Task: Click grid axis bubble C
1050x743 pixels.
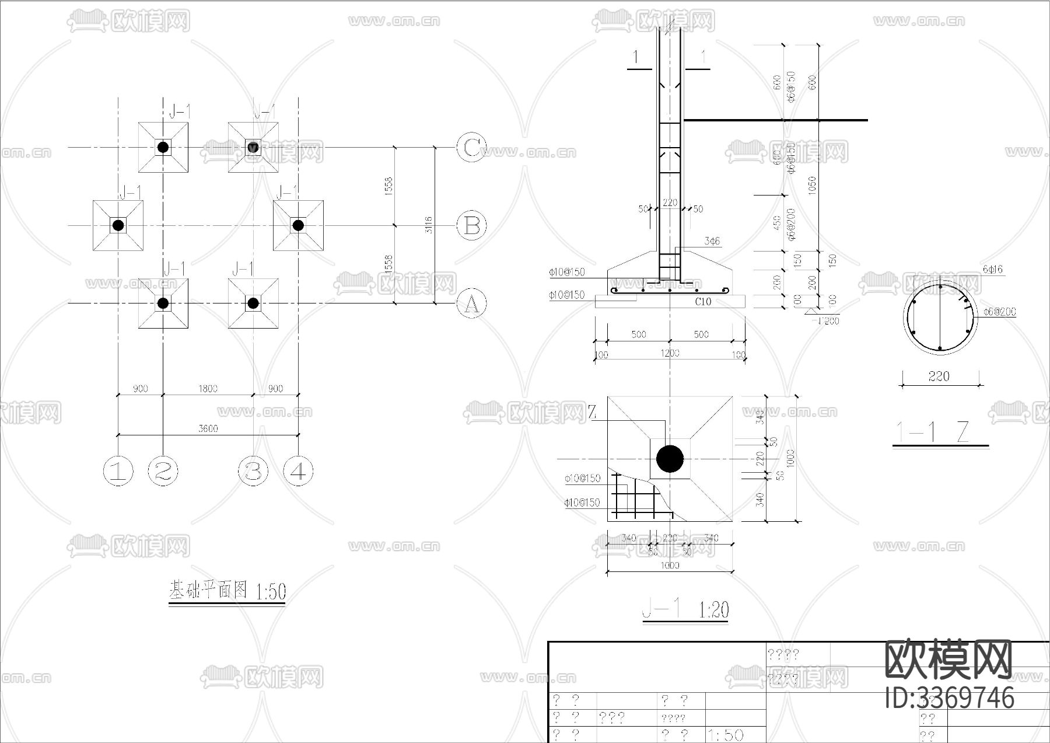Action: point(471,147)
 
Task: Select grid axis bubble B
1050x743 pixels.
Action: point(471,225)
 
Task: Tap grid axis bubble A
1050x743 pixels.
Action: point(471,304)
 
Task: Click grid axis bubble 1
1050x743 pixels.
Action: point(118,470)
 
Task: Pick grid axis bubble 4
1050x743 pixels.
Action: point(298,470)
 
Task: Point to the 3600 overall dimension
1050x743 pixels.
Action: point(208,428)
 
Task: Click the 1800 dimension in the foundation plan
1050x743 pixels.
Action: point(208,389)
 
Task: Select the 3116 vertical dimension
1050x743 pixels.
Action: point(429,225)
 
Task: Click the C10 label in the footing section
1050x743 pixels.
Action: point(703,302)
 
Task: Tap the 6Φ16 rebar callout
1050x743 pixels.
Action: point(992,269)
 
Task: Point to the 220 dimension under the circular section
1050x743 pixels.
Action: point(939,376)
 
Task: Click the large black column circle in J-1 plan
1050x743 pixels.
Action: point(670,459)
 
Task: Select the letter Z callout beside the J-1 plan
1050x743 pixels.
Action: point(593,413)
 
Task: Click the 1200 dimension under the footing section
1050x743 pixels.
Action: point(670,353)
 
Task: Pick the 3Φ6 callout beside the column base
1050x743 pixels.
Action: point(712,240)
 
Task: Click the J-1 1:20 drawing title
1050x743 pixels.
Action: point(685,610)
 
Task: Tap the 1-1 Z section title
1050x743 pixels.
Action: point(940,433)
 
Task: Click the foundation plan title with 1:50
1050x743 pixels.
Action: point(227,591)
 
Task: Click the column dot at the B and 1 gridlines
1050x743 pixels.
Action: point(118,225)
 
